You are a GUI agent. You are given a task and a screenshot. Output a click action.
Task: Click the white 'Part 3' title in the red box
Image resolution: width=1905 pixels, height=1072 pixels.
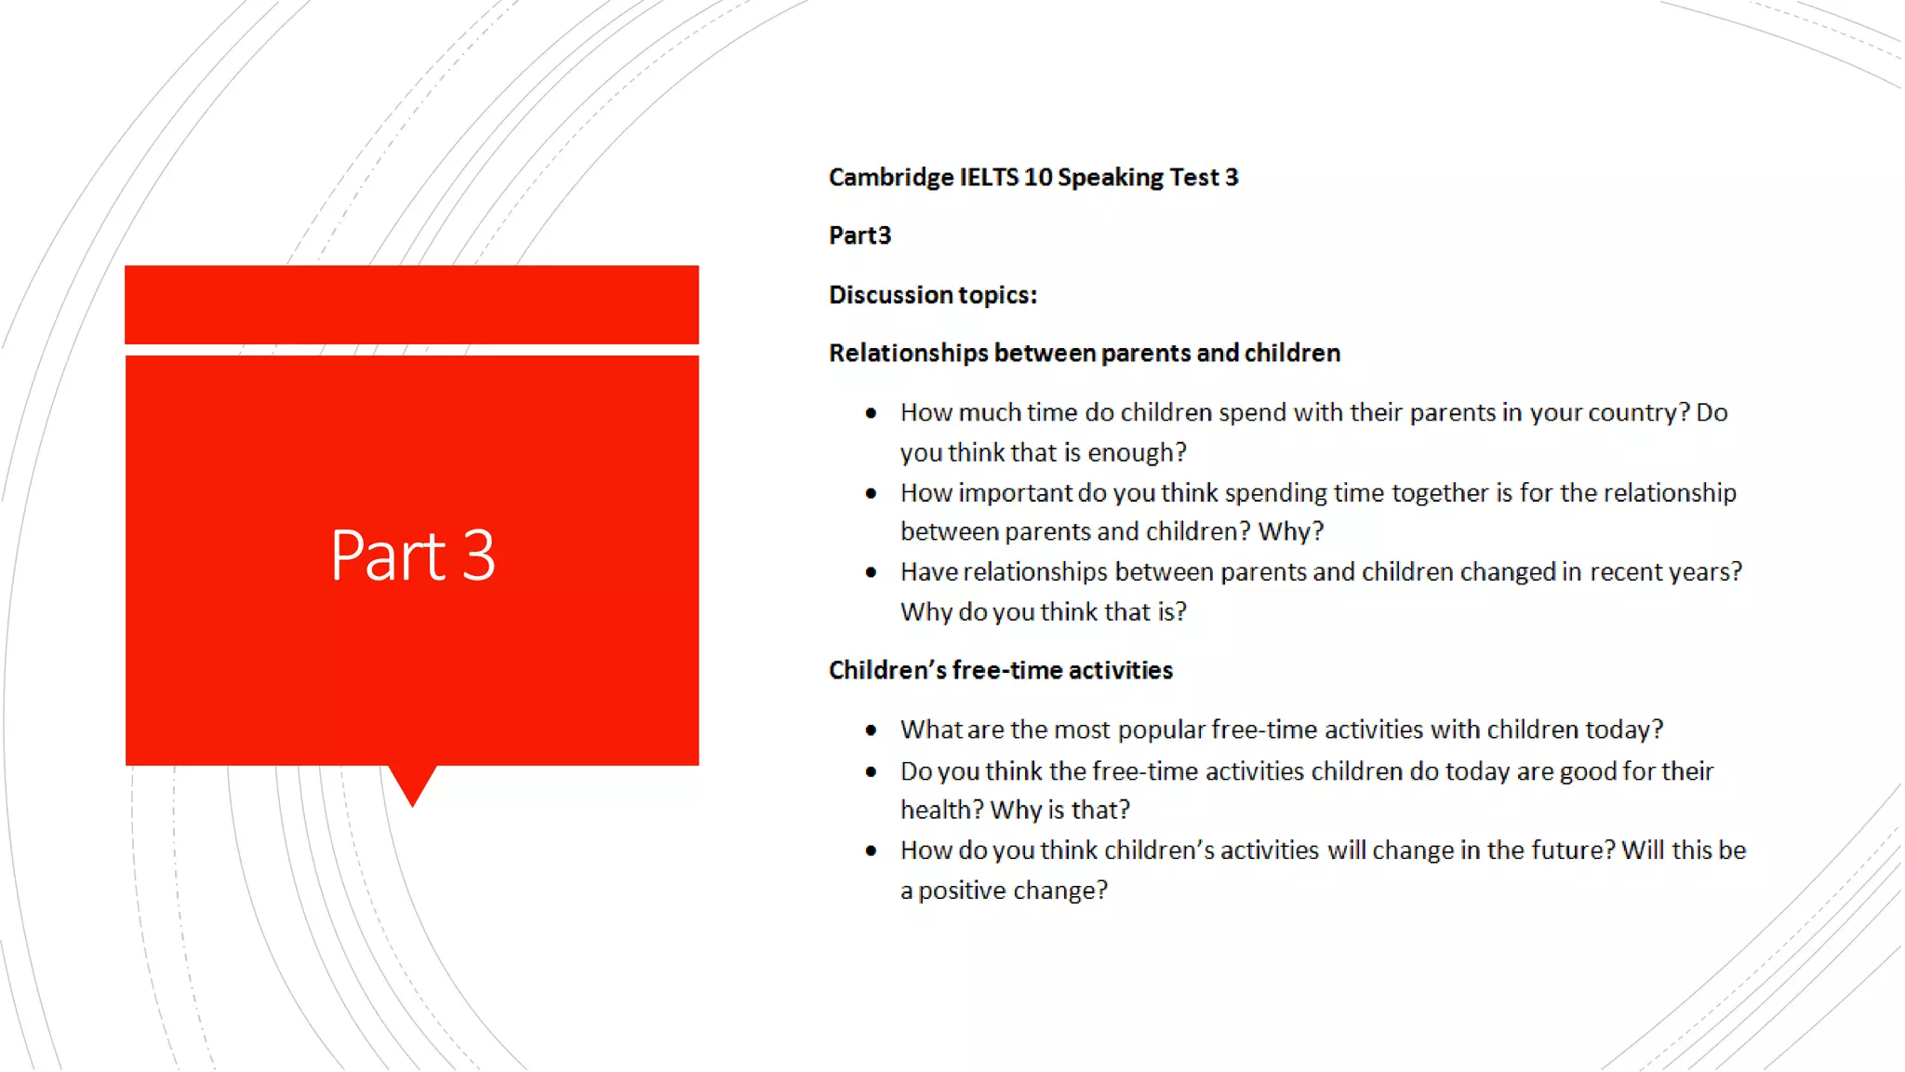tap(412, 556)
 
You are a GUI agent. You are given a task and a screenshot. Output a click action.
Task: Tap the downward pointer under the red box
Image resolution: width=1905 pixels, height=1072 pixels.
tap(412, 784)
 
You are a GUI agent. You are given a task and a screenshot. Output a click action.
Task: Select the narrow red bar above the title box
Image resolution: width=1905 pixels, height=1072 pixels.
tap(412, 304)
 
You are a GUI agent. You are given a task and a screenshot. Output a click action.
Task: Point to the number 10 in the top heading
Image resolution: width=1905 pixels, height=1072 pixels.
tap(1037, 177)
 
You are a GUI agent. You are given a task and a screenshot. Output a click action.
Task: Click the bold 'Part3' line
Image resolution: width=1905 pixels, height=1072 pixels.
tap(859, 235)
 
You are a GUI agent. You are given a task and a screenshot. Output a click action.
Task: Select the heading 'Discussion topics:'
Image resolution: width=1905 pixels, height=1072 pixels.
tap(933, 295)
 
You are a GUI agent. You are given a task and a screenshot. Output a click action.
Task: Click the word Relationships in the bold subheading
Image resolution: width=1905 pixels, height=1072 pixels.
tap(908, 354)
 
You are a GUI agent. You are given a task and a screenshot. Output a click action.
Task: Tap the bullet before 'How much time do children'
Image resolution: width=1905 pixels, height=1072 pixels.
tap(871, 413)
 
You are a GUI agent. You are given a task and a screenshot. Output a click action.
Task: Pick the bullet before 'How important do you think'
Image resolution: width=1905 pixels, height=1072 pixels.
tap(871, 493)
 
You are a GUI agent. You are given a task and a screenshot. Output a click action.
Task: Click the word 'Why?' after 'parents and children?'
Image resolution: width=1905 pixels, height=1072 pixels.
tap(1290, 531)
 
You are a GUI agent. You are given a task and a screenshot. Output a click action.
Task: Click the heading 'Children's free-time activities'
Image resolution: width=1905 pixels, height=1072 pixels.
tap(1000, 671)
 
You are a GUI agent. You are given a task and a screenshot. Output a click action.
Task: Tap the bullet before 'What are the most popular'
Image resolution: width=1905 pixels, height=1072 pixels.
tap(871, 730)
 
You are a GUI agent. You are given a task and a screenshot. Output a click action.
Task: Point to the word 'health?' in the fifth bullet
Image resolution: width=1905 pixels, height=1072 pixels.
tap(941, 811)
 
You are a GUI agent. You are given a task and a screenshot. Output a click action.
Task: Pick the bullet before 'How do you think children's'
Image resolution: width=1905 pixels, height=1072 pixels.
tap(871, 851)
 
